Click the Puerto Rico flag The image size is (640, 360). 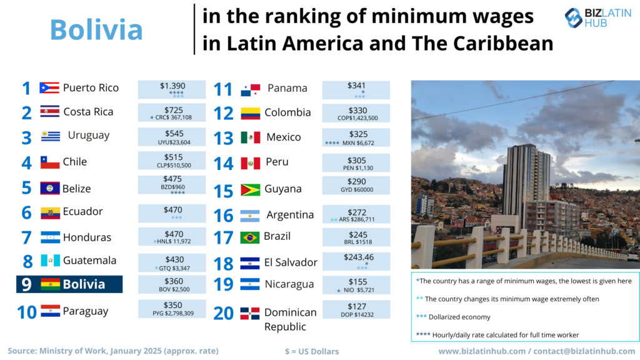click(x=49, y=88)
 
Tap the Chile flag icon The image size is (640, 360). click(x=50, y=162)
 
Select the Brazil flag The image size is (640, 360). click(x=250, y=237)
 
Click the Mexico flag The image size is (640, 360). click(x=250, y=137)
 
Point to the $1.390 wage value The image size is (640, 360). click(x=172, y=86)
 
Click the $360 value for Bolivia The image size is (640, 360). click(x=172, y=281)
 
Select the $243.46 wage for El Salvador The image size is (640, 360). click(x=356, y=257)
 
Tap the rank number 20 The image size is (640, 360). click(x=224, y=312)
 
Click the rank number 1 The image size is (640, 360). click(x=26, y=88)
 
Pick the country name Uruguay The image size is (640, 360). click(x=89, y=136)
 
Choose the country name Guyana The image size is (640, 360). click(x=283, y=189)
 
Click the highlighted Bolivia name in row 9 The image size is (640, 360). click(x=84, y=284)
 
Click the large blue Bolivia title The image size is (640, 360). click(x=96, y=29)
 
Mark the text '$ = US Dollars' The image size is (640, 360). click(x=311, y=351)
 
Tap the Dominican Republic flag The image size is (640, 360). click(x=250, y=313)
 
